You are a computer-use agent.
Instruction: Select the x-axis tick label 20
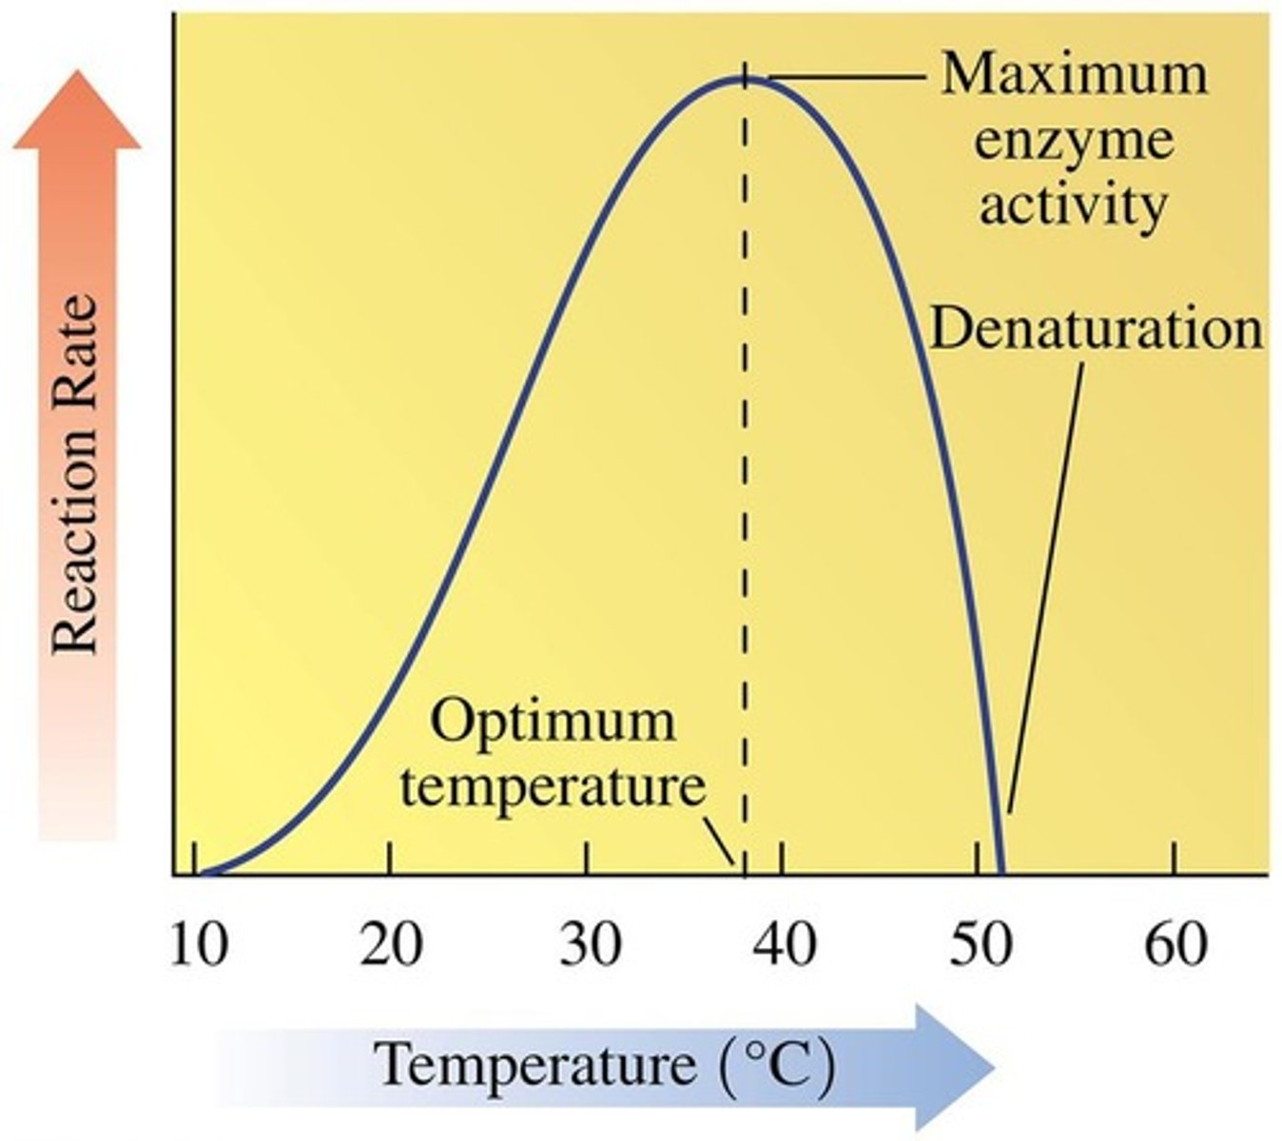(x=392, y=945)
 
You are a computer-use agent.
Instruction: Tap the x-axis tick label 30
(x=590, y=945)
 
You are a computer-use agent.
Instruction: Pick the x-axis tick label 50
(x=981, y=945)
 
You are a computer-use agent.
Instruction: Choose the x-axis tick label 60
(x=1176, y=945)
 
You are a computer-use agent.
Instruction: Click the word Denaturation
(x=1096, y=329)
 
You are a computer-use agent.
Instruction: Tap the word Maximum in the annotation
(x=1074, y=74)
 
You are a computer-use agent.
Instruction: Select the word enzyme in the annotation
(x=1074, y=141)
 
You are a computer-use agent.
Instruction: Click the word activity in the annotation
(x=1073, y=204)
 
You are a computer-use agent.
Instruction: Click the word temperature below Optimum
(x=552, y=787)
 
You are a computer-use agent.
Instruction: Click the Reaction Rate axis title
(x=76, y=475)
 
